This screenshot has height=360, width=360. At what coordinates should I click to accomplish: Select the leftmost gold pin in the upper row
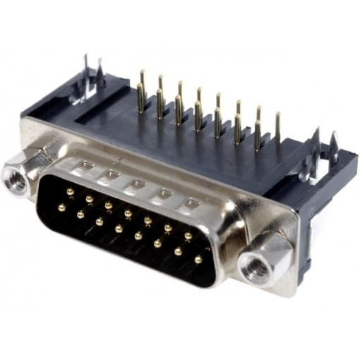tap(70, 191)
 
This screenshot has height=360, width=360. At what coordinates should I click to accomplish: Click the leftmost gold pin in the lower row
tap(62, 207)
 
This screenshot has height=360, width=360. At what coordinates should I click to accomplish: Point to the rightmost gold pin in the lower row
tap(198, 260)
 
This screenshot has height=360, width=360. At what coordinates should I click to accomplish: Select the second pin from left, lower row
tap(80, 214)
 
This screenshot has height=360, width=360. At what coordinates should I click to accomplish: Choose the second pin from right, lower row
tap(178, 251)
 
